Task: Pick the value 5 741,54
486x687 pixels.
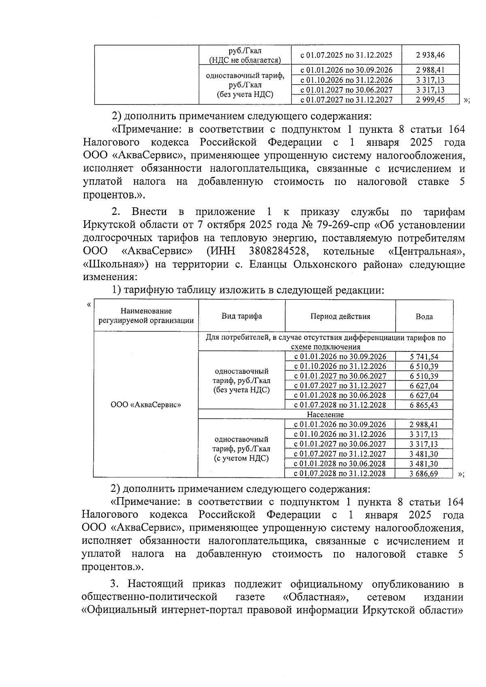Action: click(x=424, y=357)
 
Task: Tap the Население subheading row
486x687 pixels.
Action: click(x=325, y=415)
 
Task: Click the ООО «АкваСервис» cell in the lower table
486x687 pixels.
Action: click(x=145, y=405)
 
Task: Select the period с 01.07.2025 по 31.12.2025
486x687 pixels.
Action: click(x=346, y=54)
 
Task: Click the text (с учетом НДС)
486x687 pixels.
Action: click(x=241, y=458)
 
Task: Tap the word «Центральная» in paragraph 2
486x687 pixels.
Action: click(x=426, y=251)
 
